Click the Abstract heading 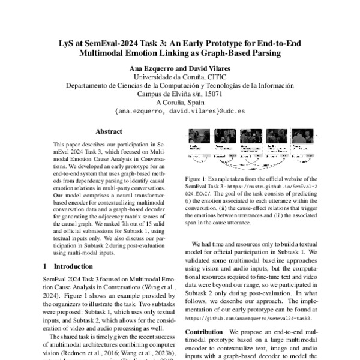(109, 131)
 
